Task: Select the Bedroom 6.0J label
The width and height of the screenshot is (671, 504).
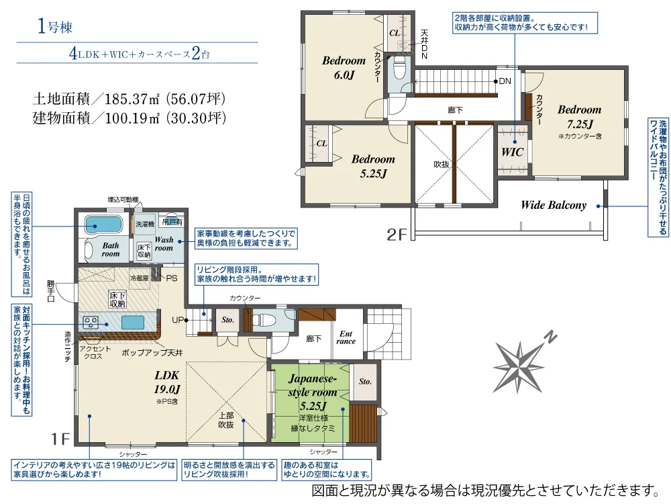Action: click(x=344, y=67)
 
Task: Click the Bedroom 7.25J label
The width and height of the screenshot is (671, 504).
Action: click(x=579, y=116)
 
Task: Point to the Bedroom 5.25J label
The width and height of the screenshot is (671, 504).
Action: click(x=373, y=165)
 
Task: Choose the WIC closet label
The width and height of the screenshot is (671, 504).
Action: click(x=512, y=152)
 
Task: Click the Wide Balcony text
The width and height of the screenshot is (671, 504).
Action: click(x=554, y=206)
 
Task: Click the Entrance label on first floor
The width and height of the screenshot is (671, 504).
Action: click(x=346, y=337)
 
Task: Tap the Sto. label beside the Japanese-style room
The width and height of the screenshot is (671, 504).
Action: click(x=365, y=382)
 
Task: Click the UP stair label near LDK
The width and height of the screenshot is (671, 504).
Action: click(x=178, y=319)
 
